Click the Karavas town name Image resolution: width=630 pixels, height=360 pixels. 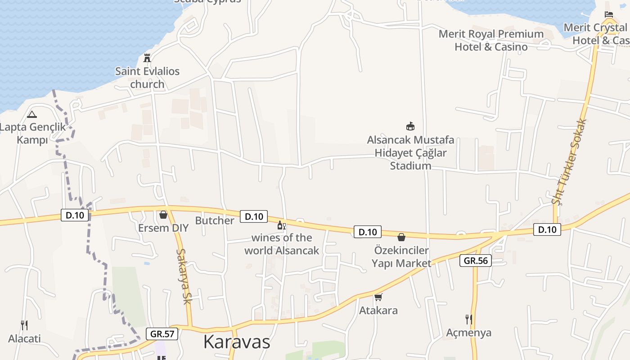[237, 342]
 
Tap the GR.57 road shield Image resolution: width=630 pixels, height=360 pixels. [162, 334]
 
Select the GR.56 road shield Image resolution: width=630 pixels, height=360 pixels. [475, 261]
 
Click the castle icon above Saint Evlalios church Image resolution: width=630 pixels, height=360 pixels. [147, 58]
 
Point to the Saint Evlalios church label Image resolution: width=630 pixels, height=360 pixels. [147, 77]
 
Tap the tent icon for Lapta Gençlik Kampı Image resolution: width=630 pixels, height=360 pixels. [31, 114]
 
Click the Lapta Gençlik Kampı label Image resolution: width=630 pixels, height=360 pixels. [32, 133]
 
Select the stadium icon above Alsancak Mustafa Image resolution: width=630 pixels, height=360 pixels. [410, 126]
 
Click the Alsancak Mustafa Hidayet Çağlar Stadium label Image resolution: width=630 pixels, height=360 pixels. [410, 153]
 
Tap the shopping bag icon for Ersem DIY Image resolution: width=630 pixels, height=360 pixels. [163, 215]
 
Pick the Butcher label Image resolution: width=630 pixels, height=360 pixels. [215, 220]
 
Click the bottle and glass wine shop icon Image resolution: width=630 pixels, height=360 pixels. [282, 225]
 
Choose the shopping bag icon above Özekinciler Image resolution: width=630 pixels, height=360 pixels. [401, 237]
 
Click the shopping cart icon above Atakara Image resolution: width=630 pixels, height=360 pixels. [378, 297]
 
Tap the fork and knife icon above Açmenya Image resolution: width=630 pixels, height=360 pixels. [469, 319]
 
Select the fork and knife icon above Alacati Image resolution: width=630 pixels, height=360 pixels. [24, 325]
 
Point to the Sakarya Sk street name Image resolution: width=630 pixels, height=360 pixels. [184, 276]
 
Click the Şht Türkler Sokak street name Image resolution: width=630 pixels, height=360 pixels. [570, 162]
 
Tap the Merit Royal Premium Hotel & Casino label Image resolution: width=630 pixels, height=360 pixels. [491, 40]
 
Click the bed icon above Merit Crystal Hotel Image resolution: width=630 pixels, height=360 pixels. [608, 14]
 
